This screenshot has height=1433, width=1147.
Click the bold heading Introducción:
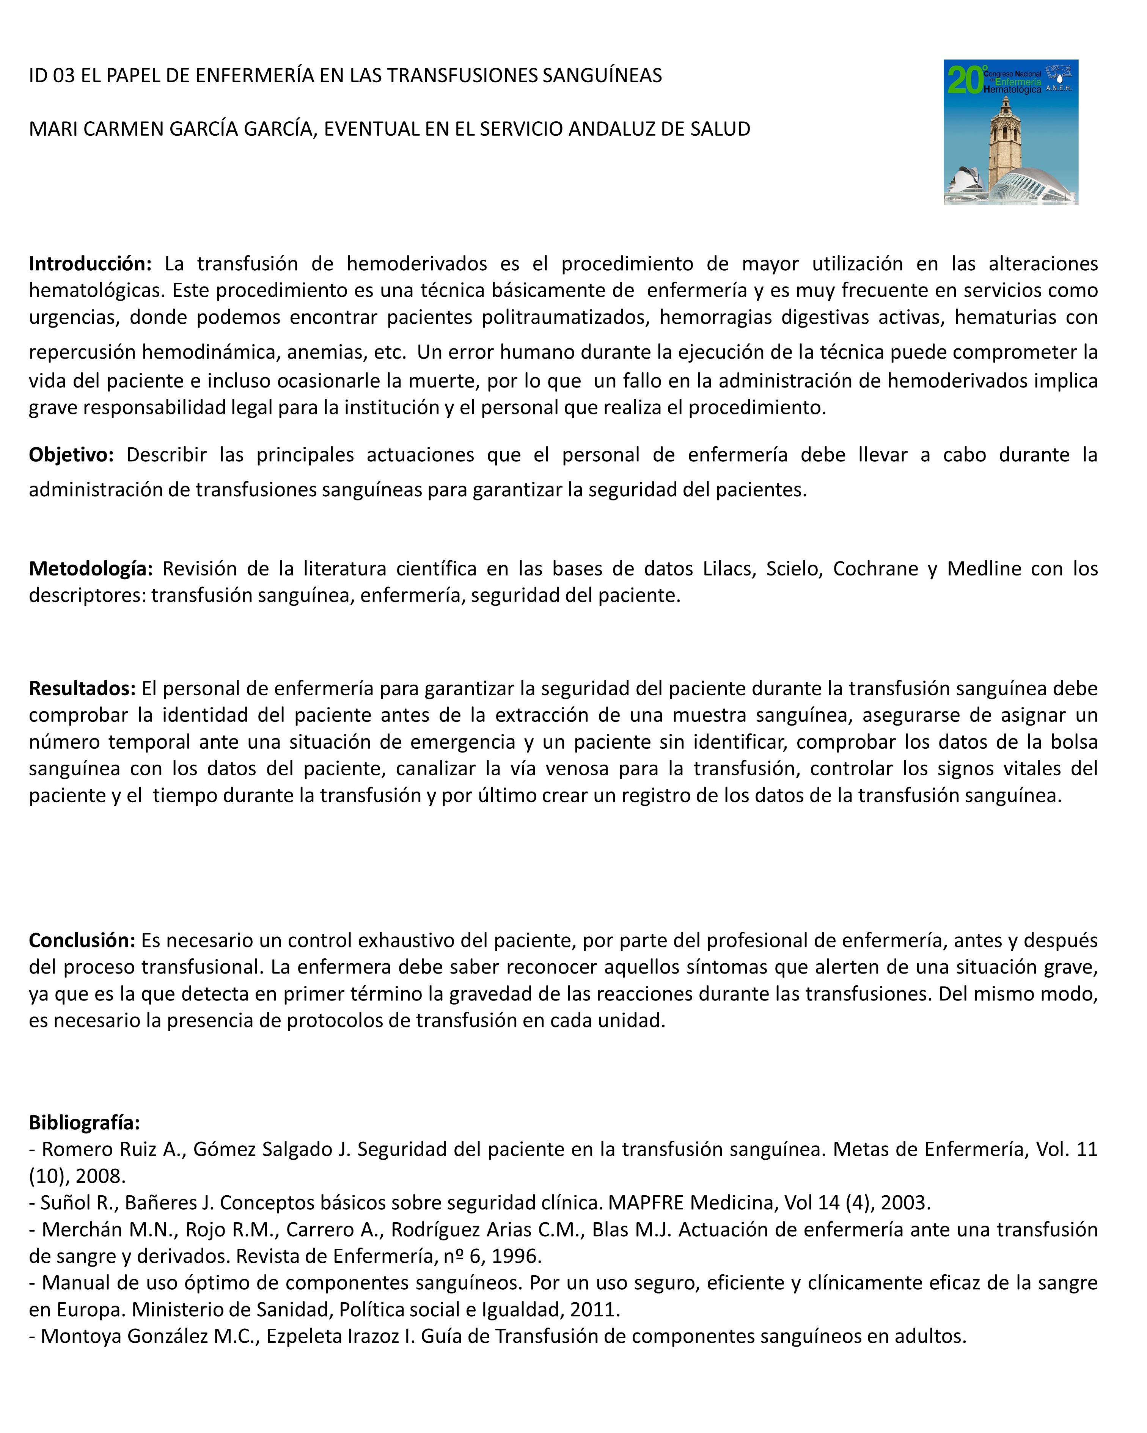(x=90, y=264)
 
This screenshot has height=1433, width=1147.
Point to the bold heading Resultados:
(x=82, y=688)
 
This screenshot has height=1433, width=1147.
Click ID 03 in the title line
(x=51, y=76)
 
